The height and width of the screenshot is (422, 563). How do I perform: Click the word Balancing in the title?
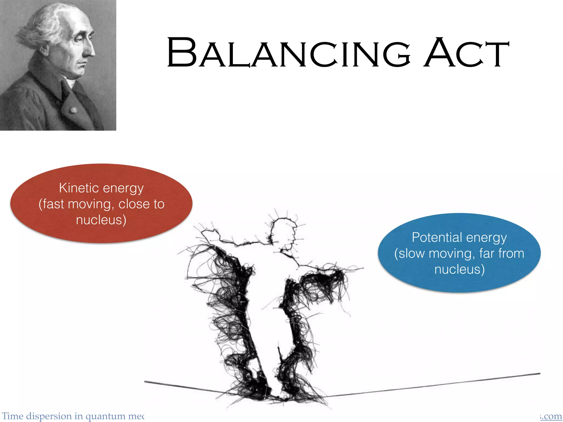pos(289,53)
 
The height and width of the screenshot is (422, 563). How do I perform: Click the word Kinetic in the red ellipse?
pos(79,188)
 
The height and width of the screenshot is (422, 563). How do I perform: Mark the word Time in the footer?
pos(13,416)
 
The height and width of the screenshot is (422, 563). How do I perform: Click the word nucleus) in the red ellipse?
pos(101,220)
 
